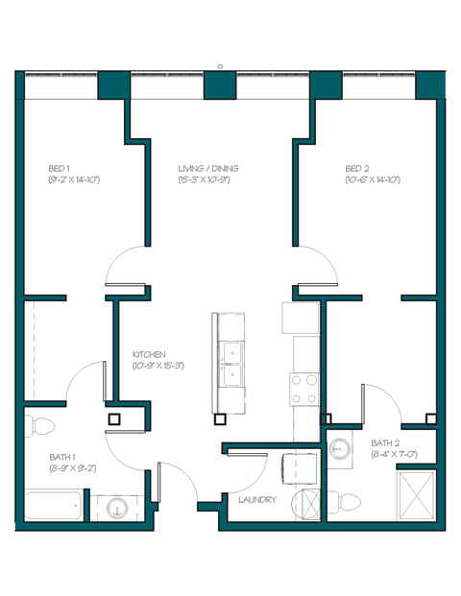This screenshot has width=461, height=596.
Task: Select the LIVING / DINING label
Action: pos(208,168)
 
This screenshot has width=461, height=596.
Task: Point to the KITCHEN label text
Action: pos(149,354)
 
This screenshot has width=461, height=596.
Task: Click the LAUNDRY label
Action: pos(257,500)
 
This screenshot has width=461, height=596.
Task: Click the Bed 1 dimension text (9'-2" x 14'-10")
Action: pos(73,179)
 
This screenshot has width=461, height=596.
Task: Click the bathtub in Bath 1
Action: pos(52,506)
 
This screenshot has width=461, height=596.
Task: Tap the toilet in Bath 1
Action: pos(40,423)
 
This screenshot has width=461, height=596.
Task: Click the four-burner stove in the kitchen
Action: pos(304,389)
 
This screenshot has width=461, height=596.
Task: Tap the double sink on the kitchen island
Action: pos(231,364)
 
